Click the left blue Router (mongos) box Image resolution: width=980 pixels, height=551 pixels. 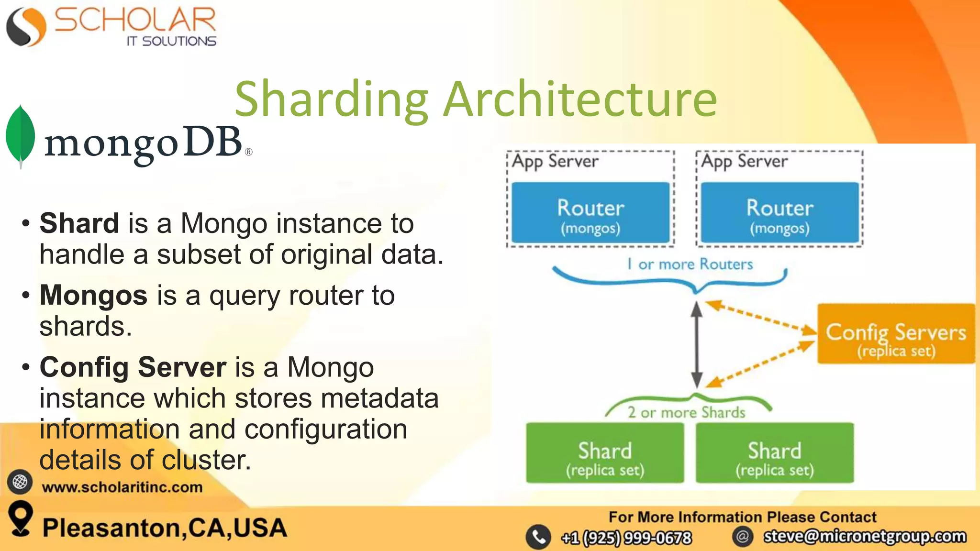click(590, 213)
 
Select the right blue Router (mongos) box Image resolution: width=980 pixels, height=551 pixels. click(780, 213)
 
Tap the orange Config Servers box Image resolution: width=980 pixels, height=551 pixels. click(896, 334)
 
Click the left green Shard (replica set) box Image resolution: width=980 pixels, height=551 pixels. click(605, 453)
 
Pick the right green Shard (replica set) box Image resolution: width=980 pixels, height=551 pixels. click(775, 453)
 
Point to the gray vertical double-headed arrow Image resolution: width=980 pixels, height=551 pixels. click(697, 344)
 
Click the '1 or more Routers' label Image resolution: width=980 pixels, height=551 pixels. click(690, 264)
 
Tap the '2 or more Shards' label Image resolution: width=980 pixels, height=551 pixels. click(686, 412)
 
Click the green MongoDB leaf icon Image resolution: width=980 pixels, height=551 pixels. click(20, 136)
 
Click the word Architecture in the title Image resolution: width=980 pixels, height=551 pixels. click(580, 99)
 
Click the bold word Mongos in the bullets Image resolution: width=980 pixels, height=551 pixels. click(93, 295)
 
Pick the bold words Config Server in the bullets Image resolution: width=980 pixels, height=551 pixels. click(133, 367)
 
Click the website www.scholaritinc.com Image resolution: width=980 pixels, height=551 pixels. click(122, 487)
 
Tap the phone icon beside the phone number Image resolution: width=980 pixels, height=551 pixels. click(538, 537)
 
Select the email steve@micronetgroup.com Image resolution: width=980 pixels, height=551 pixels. click(865, 536)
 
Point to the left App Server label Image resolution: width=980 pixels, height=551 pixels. click(555, 161)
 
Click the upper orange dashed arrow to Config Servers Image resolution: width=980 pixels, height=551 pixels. click(761, 317)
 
